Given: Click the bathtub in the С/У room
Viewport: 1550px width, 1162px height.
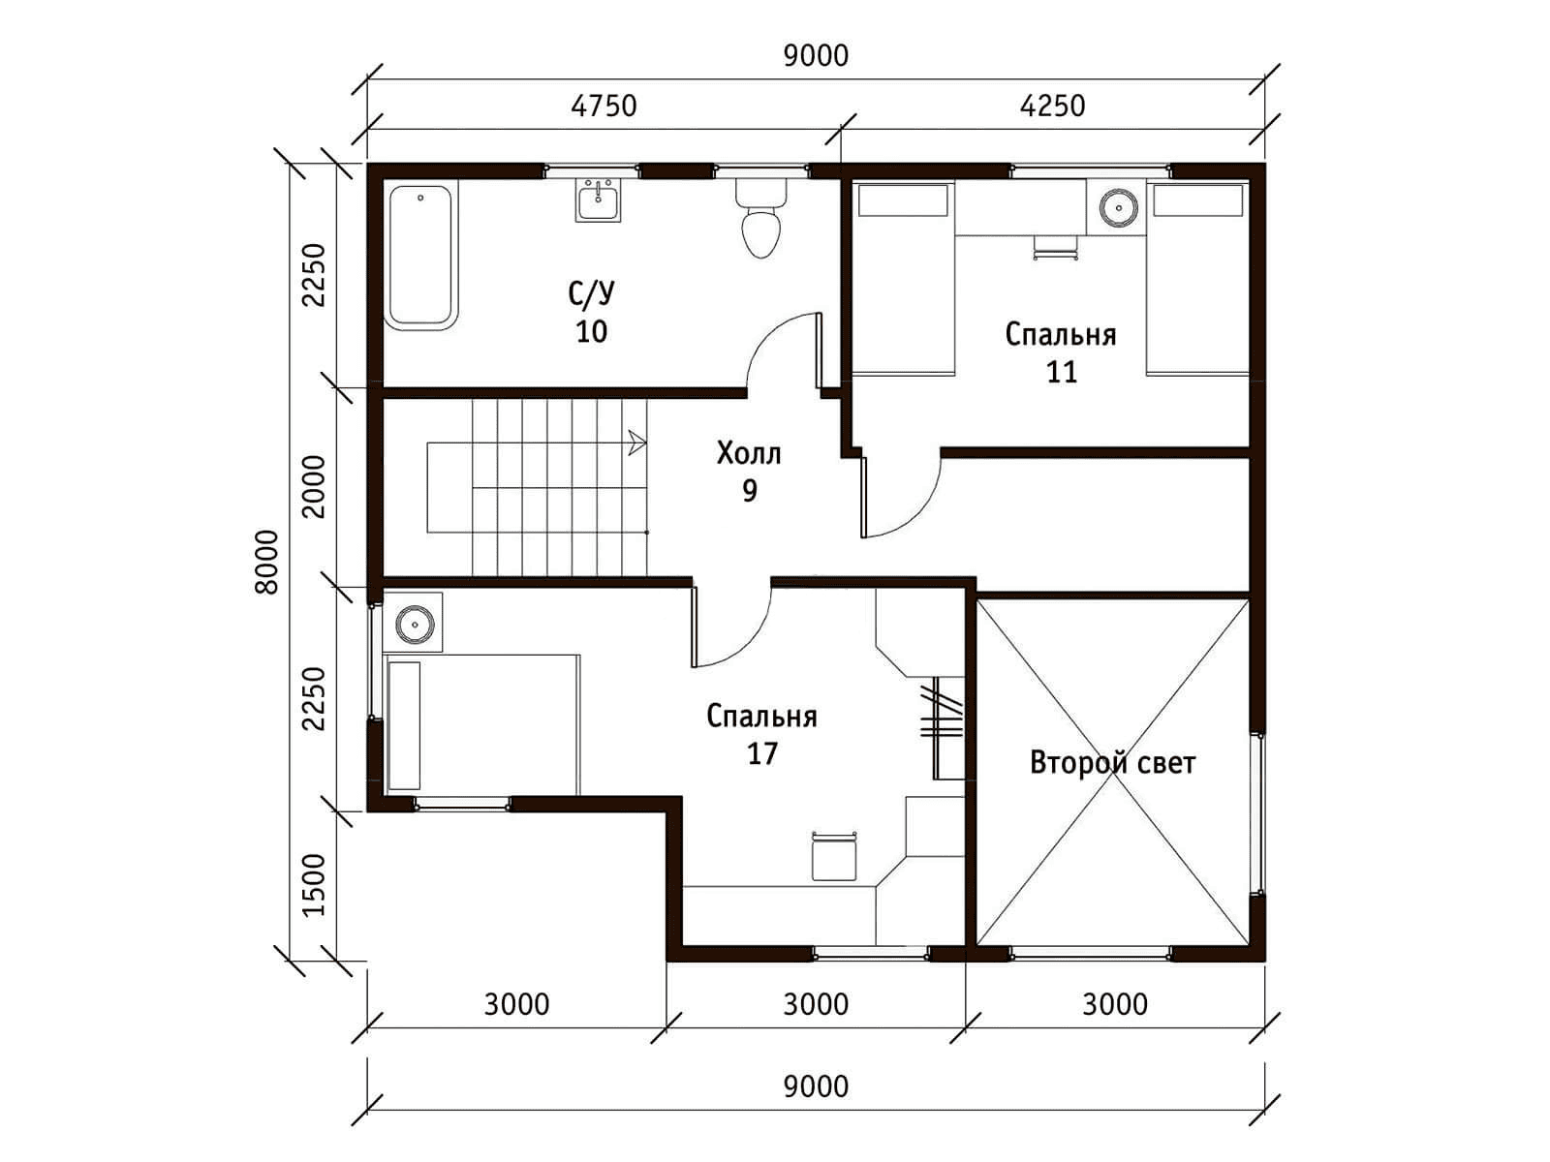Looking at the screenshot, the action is point(420,257).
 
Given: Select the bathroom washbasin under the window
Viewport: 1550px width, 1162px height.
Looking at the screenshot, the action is point(598,200).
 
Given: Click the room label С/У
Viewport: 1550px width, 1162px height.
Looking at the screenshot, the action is point(591,292).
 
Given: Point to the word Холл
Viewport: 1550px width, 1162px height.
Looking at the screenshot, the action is point(749,453).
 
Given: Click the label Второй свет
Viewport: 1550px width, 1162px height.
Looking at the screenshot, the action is point(1113,763).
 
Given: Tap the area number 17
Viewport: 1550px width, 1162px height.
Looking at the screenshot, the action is point(762,754).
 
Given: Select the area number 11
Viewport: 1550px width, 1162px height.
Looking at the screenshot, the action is point(1062,372).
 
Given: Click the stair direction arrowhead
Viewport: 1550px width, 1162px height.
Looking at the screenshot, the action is point(637,443).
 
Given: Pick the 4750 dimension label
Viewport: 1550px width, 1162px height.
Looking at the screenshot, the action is point(604,106).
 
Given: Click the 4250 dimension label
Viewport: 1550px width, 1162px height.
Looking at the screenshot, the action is point(1052,106).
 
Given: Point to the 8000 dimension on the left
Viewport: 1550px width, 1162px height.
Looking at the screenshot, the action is point(267,563).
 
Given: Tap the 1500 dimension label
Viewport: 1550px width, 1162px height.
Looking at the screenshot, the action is point(314,885).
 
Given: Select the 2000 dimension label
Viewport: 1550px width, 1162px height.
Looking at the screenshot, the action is point(314,487).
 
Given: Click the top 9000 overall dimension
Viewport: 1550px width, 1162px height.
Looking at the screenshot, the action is point(817,56).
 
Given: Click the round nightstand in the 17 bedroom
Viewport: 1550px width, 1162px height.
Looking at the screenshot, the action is point(414,624).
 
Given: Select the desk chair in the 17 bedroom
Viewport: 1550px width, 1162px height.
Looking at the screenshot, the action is point(834,857).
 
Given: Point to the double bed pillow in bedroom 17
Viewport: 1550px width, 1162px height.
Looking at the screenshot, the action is point(405,725).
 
